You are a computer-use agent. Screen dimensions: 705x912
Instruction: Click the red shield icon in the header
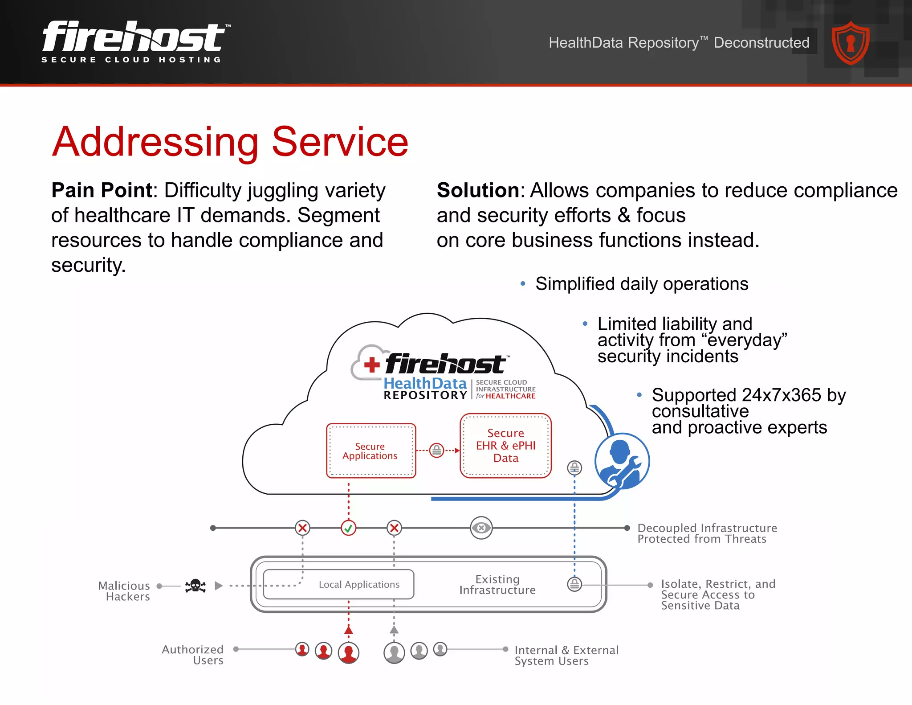(851, 43)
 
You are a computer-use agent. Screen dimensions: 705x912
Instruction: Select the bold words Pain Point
(102, 190)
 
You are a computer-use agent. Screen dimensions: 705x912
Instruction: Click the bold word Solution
(477, 190)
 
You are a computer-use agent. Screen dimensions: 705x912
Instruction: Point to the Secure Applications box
(370, 451)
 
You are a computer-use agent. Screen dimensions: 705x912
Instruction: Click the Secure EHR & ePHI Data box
(505, 446)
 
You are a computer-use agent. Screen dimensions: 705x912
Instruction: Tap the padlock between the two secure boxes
(437, 451)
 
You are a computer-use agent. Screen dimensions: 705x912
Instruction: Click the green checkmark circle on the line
(348, 528)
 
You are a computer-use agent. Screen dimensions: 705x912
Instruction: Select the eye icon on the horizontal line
(481, 528)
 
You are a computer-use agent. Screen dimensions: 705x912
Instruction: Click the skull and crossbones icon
(195, 586)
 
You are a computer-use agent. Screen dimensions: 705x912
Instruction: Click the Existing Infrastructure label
(497, 585)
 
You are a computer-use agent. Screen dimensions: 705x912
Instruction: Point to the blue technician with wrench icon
(622, 461)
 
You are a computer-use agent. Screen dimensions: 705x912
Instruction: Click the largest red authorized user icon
(348, 653)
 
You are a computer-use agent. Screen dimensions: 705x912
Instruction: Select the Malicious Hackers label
(124, 591)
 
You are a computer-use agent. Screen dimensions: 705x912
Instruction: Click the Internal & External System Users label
(566, 656)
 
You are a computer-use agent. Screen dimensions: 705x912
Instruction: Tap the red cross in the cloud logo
(372, 365)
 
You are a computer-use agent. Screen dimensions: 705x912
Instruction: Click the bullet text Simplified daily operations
(641, 284)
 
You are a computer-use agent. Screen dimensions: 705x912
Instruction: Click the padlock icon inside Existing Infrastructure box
(574, 584)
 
